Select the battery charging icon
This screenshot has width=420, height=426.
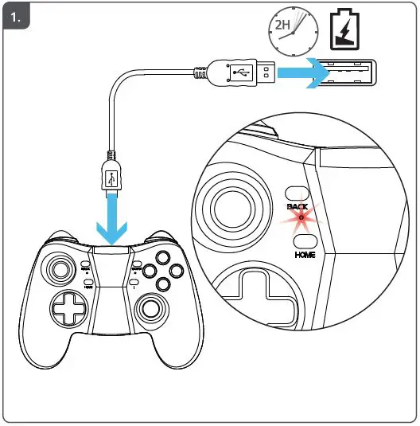[x=344, y=29]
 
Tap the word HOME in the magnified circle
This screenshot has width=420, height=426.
[x=305, y=255]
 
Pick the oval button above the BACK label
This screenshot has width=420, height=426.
[x=297, y=192]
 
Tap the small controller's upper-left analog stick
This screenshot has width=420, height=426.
[x=60, y=268]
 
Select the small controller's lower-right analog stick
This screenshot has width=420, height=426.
[x=150, y=307]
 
